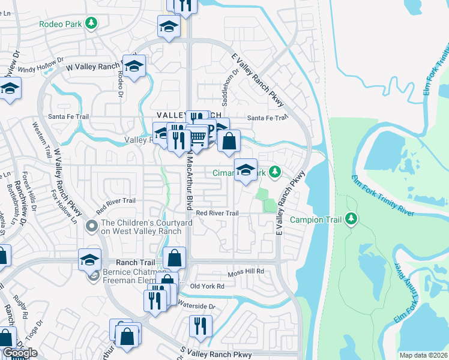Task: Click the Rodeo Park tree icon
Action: (x=91, y=24)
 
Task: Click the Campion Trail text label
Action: (x=316, y=220)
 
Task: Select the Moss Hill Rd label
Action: (x=246, y=272)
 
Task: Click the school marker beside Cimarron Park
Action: (x=246, y=170)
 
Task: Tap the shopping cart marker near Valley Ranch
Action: (x=198, y=139)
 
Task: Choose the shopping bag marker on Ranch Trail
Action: (x=173, y=258)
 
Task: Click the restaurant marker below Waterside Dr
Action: (x=200, y=326)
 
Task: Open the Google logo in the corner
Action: (x=19, y=353)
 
